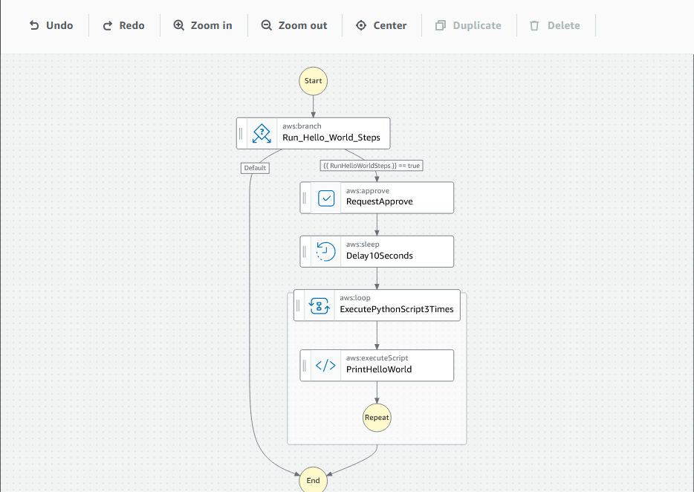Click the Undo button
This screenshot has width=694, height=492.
coord(51,25)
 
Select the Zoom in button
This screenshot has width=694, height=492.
coord(203,25)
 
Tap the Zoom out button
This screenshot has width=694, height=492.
coord(294,25)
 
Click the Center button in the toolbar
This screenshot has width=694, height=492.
coord(381,25)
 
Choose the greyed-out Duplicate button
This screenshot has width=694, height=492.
coord(468,25)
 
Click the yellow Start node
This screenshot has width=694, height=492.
coord(313,80)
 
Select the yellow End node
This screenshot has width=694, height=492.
coord(313,480)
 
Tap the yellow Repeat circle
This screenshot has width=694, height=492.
coord(377,418)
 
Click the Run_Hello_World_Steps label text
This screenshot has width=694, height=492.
coord(331,137)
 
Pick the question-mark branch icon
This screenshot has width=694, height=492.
coord(262,134)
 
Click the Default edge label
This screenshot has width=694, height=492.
coord(255,168)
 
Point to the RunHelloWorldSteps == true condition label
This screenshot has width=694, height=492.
coord(372,166)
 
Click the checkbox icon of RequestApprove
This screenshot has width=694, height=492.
coord(326,198)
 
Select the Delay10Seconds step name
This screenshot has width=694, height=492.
coord(379,256)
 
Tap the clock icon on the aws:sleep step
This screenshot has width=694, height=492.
coord(325,251)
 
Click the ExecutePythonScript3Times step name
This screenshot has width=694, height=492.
coord(396,309)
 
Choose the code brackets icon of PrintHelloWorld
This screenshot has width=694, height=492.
coord(325,366)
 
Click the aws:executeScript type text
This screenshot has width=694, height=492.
coord(377,358)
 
